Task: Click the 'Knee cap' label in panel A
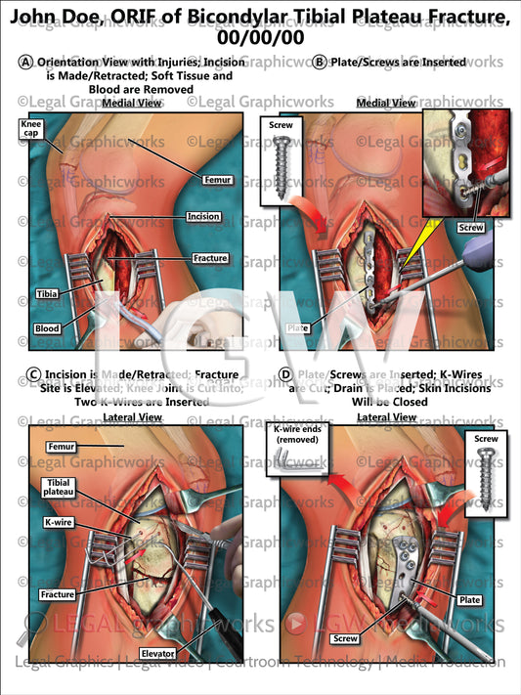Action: (x=32, y=129)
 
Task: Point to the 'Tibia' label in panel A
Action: (x=46, y=293)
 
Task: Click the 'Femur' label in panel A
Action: (x=215, y=180)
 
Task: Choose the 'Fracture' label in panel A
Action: (x=210, y=258)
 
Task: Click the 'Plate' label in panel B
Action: (x=295, y=328)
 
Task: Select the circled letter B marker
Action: (x=319, y=62)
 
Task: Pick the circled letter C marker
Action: (x=34, y=375)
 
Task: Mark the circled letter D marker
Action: (x=285, y=375)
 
